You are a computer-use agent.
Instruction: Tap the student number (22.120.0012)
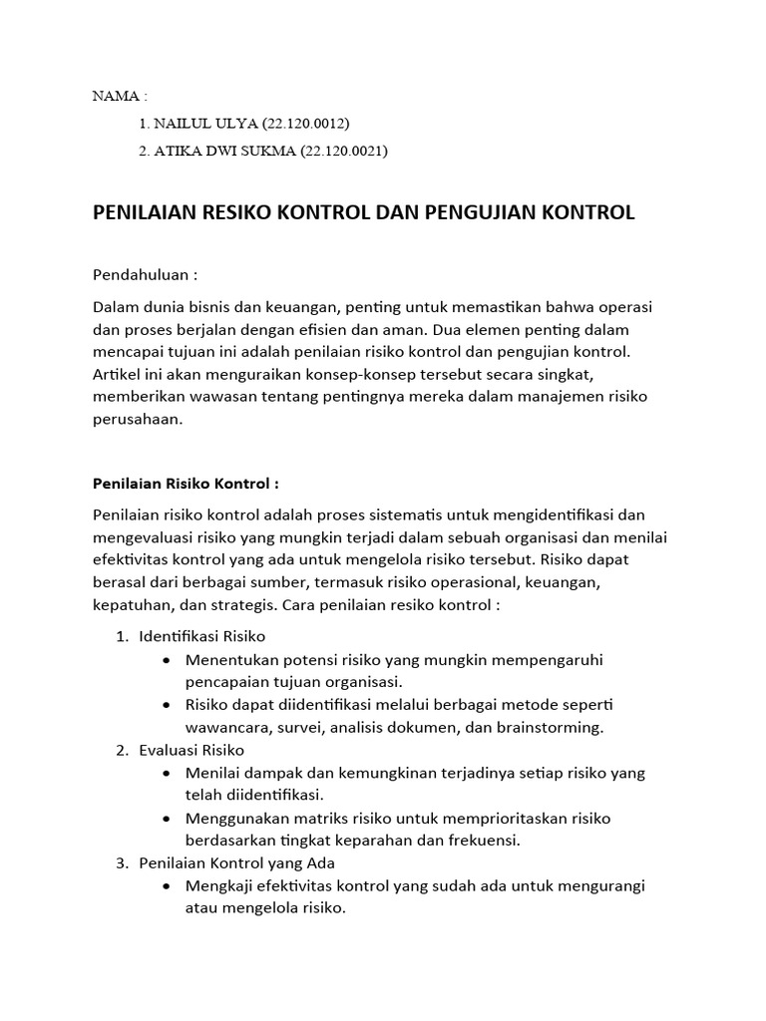tap(307, 123)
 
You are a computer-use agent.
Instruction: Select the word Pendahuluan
tap(140, 274)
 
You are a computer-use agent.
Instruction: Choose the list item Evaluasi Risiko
tap(191, 749)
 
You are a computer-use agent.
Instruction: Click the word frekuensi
tap(487, 840)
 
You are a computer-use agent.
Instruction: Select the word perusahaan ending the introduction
tap(138, 421)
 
